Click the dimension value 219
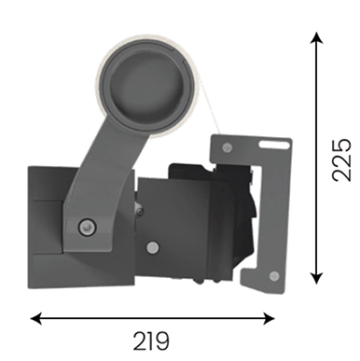tap(151, 341)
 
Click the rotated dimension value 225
tap(341, 160)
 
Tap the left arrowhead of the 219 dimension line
tap(36, 318)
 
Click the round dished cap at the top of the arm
tap(145, 87)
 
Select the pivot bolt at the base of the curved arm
tap(87, 227)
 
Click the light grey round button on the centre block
tap(152, 247)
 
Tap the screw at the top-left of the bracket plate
tap(228, 147)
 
